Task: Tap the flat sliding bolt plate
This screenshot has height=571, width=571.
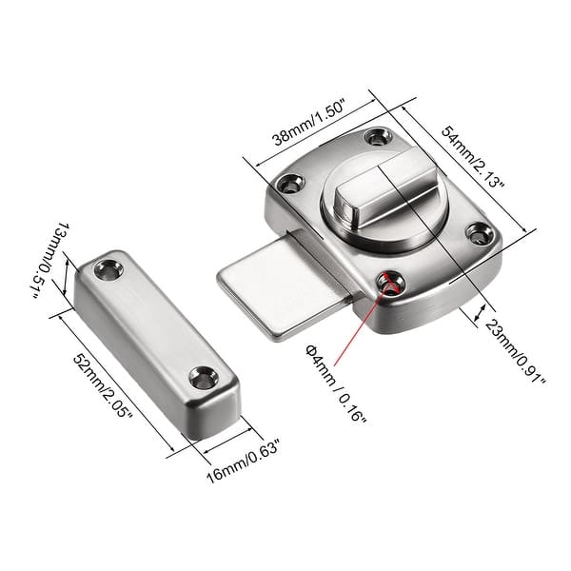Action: [271, 285]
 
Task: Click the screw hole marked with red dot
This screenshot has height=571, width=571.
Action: [387, 282]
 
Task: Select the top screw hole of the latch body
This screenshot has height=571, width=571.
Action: [382, 137]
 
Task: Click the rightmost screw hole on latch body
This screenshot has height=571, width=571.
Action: [476, 231]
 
